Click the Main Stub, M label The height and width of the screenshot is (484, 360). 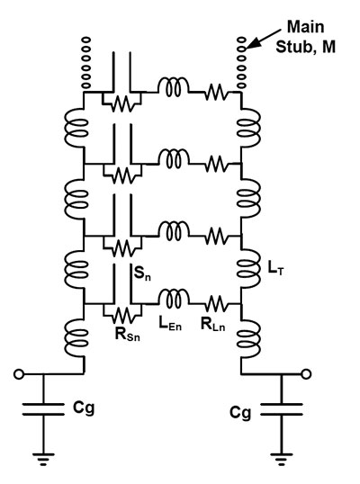tap(305, 37)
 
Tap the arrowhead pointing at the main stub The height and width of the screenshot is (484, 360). tap(251, 45)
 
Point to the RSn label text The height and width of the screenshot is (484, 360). tap(127, 334)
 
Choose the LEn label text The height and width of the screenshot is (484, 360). tap(170, 324)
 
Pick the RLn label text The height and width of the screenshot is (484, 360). tap(212, 324)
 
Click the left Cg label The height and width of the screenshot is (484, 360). tap(84, 408)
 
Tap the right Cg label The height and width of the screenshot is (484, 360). tap(240, 413)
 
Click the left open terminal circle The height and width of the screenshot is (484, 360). tap(19, 374)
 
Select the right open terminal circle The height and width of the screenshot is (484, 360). tap(306, 374)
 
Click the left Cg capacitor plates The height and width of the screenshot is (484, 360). tap(43, 408)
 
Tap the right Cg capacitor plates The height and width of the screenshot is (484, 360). tap(282, 408)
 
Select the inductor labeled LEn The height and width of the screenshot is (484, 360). tap(173, 299)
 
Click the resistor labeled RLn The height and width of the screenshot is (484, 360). tap(217, 304)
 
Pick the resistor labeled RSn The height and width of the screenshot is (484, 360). tap(122, 315)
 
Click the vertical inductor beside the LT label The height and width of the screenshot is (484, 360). tap(249, 269)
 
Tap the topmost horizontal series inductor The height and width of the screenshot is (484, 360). tap(173, 87)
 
